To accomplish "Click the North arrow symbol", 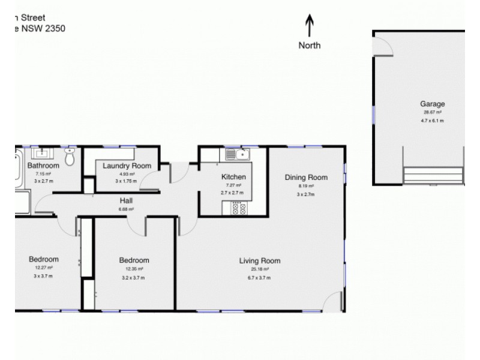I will tap(310, 26).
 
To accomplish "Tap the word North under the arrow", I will tap(310, 45).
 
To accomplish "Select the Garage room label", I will tap(432, 104).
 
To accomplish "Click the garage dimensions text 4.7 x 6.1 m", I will tap(432, 120).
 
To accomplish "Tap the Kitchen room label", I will tap(233, 177).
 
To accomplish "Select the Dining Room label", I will tap(306, 177).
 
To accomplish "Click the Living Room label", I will tap(260, 260).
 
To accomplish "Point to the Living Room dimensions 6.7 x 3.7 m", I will tap(260, 278).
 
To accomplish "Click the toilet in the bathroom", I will tap(70, 157).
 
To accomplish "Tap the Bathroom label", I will tap(43, 166).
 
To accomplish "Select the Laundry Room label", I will tap(126, 166).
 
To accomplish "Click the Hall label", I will tap(126, 201).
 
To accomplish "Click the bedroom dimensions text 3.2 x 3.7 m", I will tap(133, 278).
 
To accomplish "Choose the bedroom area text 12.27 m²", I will tap(43, 268).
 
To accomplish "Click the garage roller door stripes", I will tap(433, 175).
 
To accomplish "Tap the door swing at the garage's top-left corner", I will tap(382, 45).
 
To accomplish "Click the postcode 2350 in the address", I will tap(53, 28).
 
